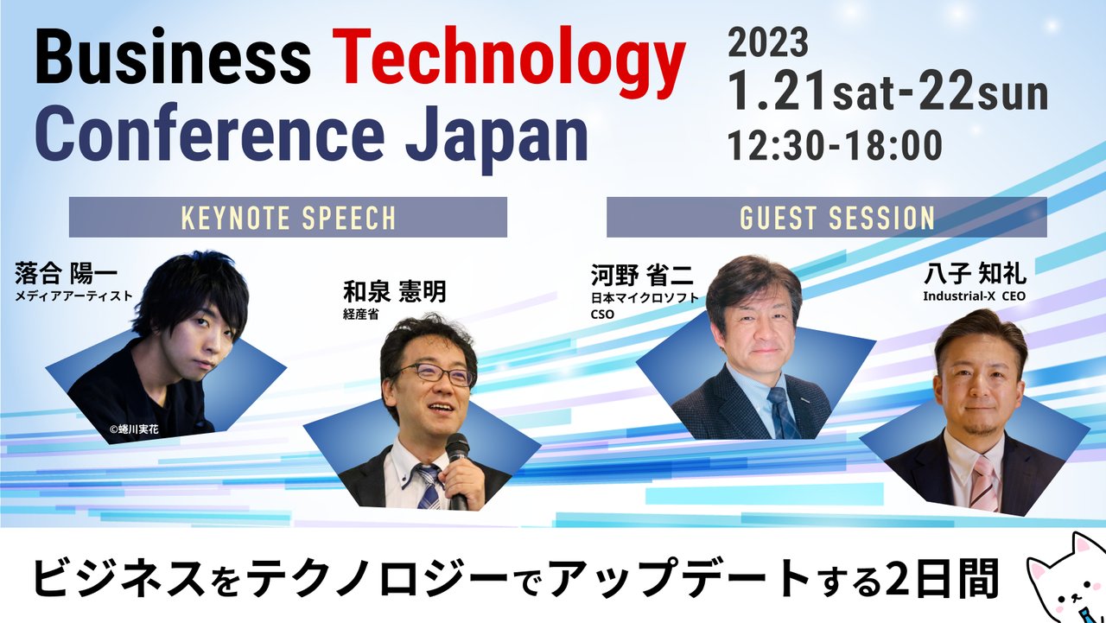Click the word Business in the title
tap(173, 60)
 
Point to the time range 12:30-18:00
tap(834, 145)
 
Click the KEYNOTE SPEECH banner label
tap(288, 218)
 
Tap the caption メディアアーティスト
tap(73, 296)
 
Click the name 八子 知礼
tap(974, 275)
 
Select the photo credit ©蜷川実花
tap(135, 428)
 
